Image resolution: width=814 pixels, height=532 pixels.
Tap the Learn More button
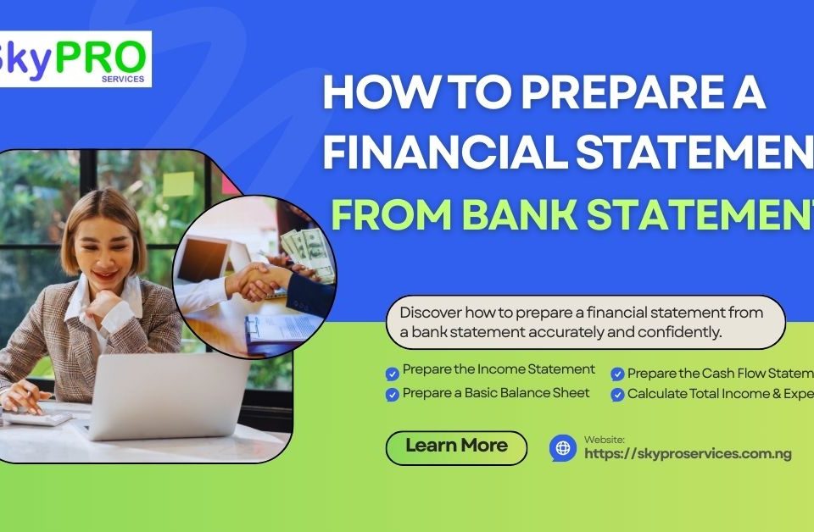coord(456,446)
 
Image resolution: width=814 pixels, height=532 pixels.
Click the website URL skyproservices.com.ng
coord(688,454)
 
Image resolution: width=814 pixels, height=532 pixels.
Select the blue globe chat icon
coord(562,447)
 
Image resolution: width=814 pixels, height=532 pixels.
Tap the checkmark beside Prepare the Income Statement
coord(392,373)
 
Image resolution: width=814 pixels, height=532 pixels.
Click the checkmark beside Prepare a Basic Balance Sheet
coord(392,394)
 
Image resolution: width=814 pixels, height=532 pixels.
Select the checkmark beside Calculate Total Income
coord(617,395)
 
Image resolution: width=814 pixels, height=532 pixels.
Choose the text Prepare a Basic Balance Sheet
coord(496,393)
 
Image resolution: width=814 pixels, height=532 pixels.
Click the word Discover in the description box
coord(430,313)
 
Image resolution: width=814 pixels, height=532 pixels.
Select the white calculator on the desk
coord(38,417)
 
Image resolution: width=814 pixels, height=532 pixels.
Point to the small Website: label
coord(604,439)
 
